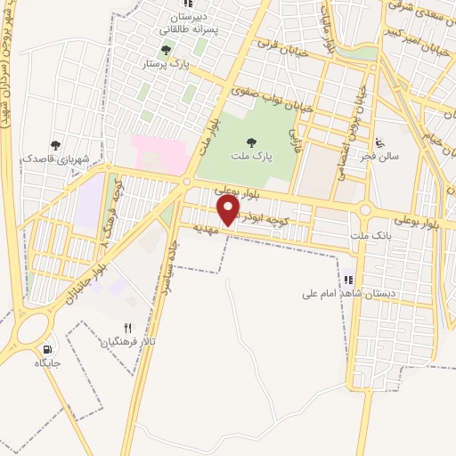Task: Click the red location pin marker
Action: [229, 210]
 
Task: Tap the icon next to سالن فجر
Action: [381, 142]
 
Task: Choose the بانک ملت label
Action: [371, 234]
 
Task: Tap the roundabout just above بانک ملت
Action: [365, 211]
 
